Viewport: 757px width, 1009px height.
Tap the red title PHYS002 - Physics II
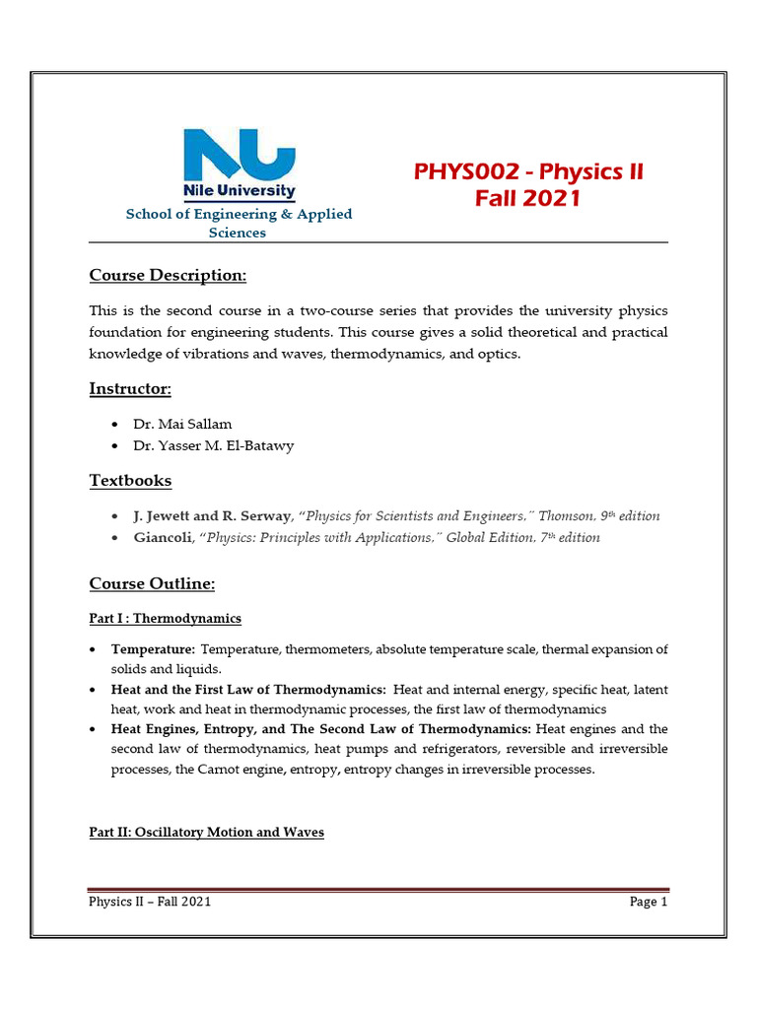tap(528, 172)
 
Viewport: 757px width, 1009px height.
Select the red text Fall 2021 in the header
tap(527, 199)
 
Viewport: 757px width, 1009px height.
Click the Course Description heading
tap(168, 274)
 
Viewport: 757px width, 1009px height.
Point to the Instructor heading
tap(130, 389)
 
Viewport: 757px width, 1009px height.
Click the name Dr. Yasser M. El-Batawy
tap(213, 445)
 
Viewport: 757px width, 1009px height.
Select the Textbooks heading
tap(130, 481)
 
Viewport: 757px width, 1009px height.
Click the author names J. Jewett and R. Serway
tap(211, 516)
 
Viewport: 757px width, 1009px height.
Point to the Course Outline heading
tap(152, 584)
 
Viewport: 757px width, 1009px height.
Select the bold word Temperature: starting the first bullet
tap(153, 650)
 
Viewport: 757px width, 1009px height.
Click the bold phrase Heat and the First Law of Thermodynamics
tap(247, 690)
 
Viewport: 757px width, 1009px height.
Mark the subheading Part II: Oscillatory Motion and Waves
tap(206, 833)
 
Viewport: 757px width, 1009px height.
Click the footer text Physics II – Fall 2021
tap(150, 902)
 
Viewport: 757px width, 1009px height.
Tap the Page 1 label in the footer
tap(649, 902)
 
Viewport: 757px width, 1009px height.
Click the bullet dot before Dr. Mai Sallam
tap(115, 424)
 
